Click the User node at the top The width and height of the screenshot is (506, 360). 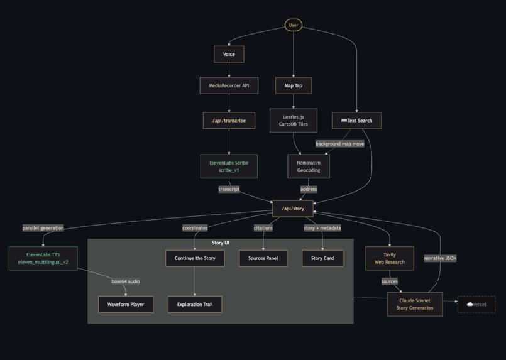click(x=293, y=25)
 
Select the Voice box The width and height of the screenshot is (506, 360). click(x=229, y=54)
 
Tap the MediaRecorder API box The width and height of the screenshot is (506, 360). click(x=229, y=85)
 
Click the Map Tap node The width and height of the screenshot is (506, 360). click(x=294, y=85)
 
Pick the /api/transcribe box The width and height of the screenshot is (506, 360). click(x=229, y=120)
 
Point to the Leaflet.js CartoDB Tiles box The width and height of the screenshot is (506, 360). click(x=294, y=120)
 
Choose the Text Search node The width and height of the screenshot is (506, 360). click(x=357, y=120)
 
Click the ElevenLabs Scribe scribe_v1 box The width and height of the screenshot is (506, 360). click(x=229, y=166)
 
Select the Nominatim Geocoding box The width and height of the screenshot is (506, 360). click(x=309, y=166)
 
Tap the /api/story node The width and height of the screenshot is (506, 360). click(x=293, y=208)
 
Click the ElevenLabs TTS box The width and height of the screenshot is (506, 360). click(x=43, y=258)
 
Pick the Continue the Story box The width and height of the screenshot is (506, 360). click(x=195, y=258)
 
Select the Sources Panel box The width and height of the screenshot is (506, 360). click(x=263, y=258)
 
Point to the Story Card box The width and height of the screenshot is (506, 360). click(x=322, y=258)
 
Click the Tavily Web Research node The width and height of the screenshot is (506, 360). click(x=390, y=258)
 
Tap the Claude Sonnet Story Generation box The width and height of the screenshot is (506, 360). click(x=415, y=304)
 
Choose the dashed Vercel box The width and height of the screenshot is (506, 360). click(x=476, y=304)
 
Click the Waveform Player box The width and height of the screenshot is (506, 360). click(x=126, y=304)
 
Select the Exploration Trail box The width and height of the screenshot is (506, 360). click(x=195, y=304)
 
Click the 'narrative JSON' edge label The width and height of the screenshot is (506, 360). click(x=440, y=258)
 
